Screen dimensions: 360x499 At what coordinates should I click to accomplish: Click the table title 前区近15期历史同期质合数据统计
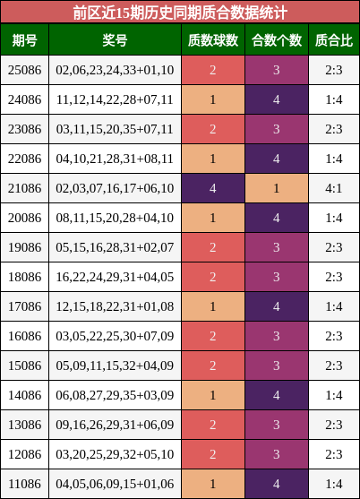[x=180, y=13]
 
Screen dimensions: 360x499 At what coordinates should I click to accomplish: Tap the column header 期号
[x=24, y=40]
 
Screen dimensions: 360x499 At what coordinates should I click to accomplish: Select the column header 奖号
[x=115, y=40]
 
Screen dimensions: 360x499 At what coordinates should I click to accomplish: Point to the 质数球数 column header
[x=213, y=40]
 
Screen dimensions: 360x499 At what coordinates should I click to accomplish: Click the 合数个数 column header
[x=277, y=40]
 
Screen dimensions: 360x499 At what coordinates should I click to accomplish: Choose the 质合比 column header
[x=334, y=40]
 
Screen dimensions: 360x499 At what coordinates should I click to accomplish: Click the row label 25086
[x=24, y=70]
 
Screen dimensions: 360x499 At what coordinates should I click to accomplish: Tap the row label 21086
[x=24, y=188]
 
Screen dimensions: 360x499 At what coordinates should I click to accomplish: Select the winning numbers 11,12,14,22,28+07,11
[x=115, y=99]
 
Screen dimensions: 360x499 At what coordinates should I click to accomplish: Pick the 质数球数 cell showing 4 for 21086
[x=213, y=188]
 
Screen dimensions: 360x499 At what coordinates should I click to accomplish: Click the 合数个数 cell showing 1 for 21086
[x=277, y=188]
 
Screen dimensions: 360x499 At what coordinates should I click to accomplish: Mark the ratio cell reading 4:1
[x=334, y=188]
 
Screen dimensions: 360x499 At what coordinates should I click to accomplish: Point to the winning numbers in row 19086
[x=115, y=247]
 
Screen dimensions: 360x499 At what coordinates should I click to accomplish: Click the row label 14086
[x=24, y=395]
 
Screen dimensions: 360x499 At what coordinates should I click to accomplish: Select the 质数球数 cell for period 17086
[x=213, y=306]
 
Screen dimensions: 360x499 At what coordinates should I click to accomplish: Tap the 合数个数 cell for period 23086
[x=277, y=129]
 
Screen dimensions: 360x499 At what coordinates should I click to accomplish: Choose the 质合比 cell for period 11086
[x=334, y=484]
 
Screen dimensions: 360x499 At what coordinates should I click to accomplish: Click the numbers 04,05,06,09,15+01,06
[x=115, y=484]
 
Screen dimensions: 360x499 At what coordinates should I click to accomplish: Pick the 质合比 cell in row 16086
[x=334, y=336]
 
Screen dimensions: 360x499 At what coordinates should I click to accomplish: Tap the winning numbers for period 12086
[x=115, y=454]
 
